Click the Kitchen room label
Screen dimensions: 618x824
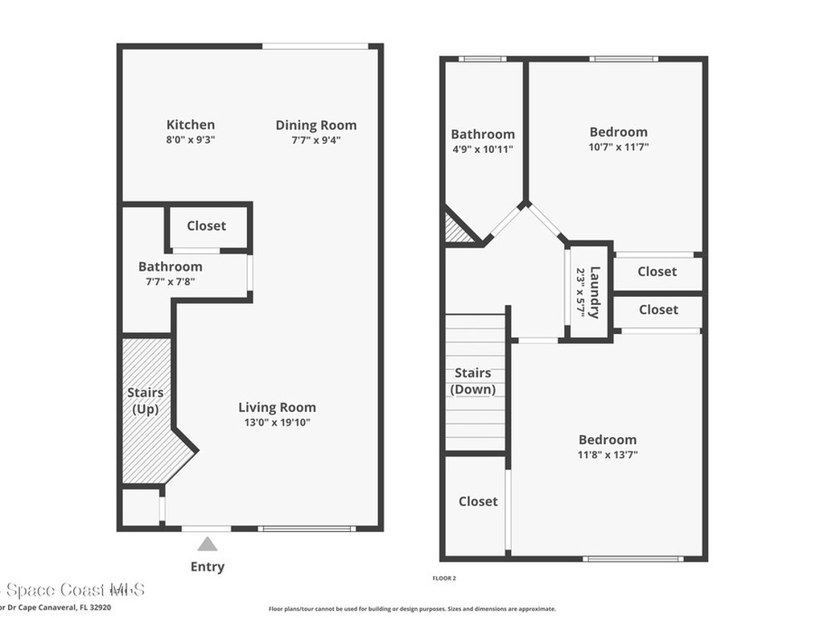tap(191, 125)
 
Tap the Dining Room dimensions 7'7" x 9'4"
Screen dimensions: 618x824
tap(316, 139)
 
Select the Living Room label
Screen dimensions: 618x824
tap(277, 407)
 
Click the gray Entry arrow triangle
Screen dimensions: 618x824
tap(208, 545)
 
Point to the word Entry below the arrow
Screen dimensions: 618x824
tap(208, 566)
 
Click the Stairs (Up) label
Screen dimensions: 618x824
tap(146, 401)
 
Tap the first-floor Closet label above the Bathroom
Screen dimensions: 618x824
tap(207, 226)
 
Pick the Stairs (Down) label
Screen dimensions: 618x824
tap(473, 381)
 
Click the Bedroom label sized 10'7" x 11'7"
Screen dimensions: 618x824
tap(618, 132)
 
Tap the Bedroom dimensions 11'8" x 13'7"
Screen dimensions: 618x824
tap(608, 454)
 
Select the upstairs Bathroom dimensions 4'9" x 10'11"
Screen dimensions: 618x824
tap(482, 149)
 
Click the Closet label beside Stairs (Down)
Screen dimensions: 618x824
tap(478, 501)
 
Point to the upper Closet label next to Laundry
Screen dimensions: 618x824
tap(657, 272)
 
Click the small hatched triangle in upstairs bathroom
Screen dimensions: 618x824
tap(457, 229)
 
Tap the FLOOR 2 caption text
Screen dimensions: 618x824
tap(444, 578)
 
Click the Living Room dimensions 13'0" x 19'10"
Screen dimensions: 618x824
tap(277, 422)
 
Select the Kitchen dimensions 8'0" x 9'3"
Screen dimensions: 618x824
tap(191, 139)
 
